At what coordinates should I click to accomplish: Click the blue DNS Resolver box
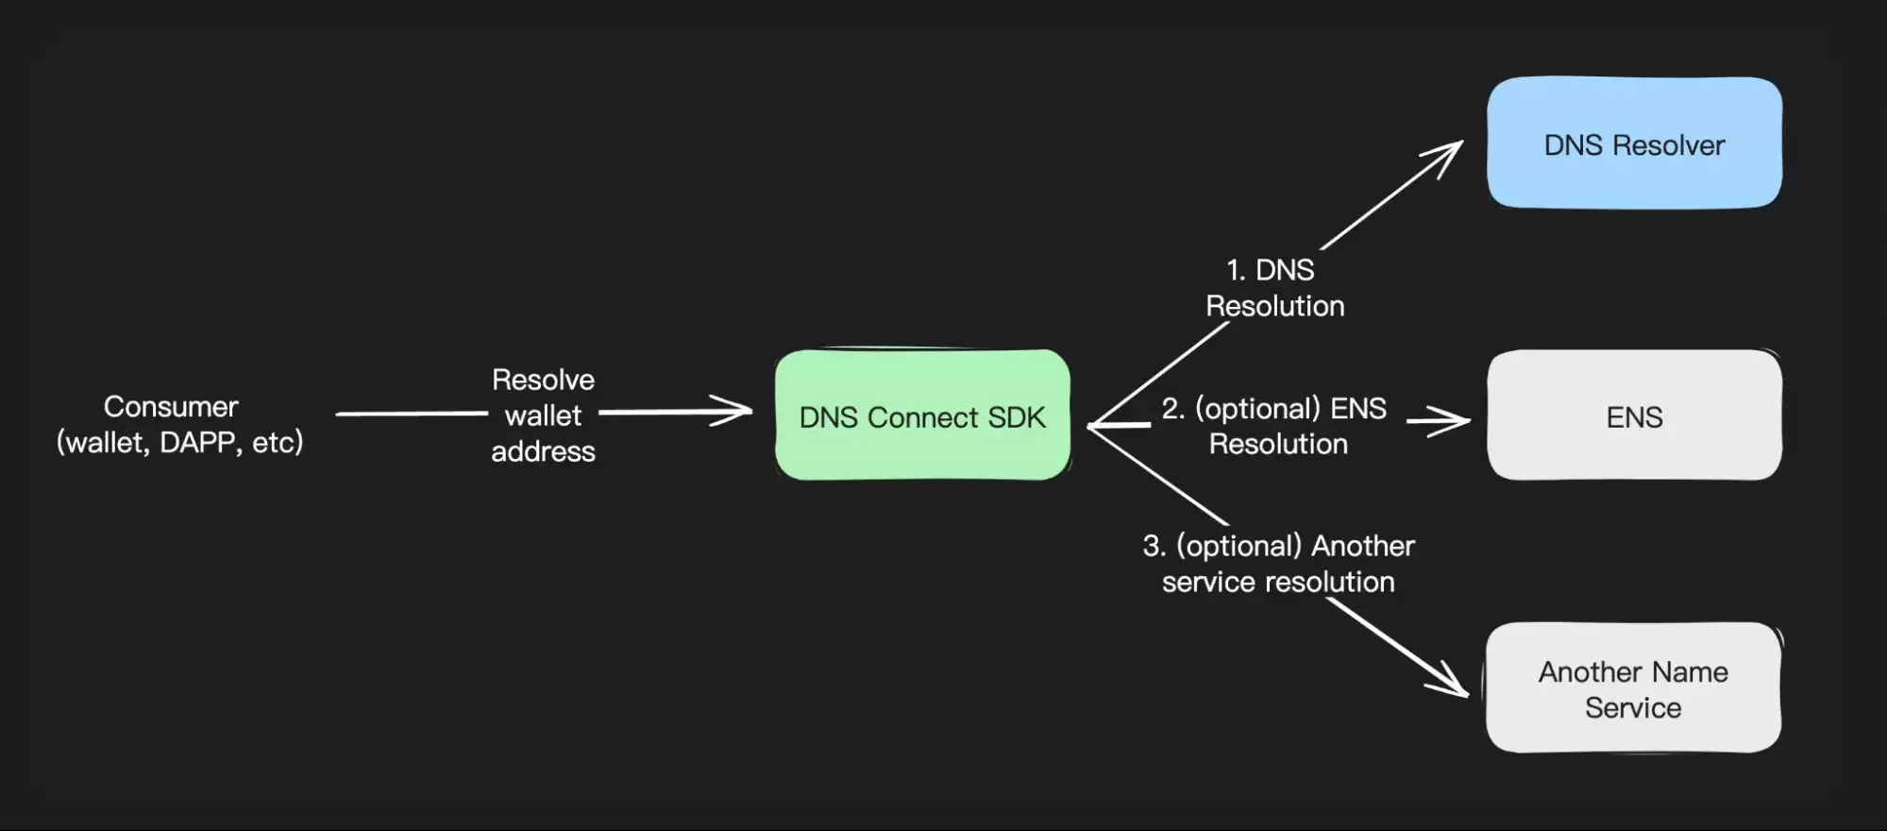click(x=1634, y=143)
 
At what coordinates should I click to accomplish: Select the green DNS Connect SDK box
click(x=922, y=415)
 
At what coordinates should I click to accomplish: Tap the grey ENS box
click(x=1634, y=415)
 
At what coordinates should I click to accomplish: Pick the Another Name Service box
click(x=1633, y=688)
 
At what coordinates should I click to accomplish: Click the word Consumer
click(x=171, y=407)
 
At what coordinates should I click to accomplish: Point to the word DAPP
click(x=197, y=442)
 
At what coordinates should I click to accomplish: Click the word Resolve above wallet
click(x=543, y=381)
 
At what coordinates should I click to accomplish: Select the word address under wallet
click(x=543, y=451)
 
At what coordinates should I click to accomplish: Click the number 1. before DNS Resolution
click(x=1236, y=271)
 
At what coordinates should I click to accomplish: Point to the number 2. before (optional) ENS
click(x=1172, y=409)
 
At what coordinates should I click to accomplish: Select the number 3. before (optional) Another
click(x=1154, y=547)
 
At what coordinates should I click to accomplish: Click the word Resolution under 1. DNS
click(x=1275, y=306)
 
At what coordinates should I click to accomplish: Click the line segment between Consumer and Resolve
click(x=411, y=414)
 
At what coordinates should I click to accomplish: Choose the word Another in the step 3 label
click(x=1363, y=547)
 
